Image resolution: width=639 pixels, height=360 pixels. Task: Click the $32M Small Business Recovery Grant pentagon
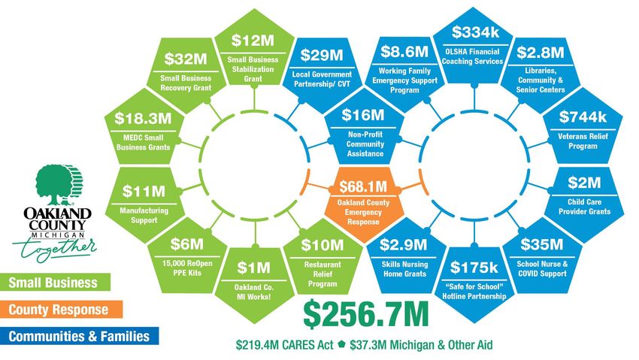[x=185, y=71]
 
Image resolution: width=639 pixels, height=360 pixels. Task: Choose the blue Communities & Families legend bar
[x=79, y=336]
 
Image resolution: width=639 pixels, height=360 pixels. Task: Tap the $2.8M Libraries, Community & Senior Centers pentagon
[x=541, y=71]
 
